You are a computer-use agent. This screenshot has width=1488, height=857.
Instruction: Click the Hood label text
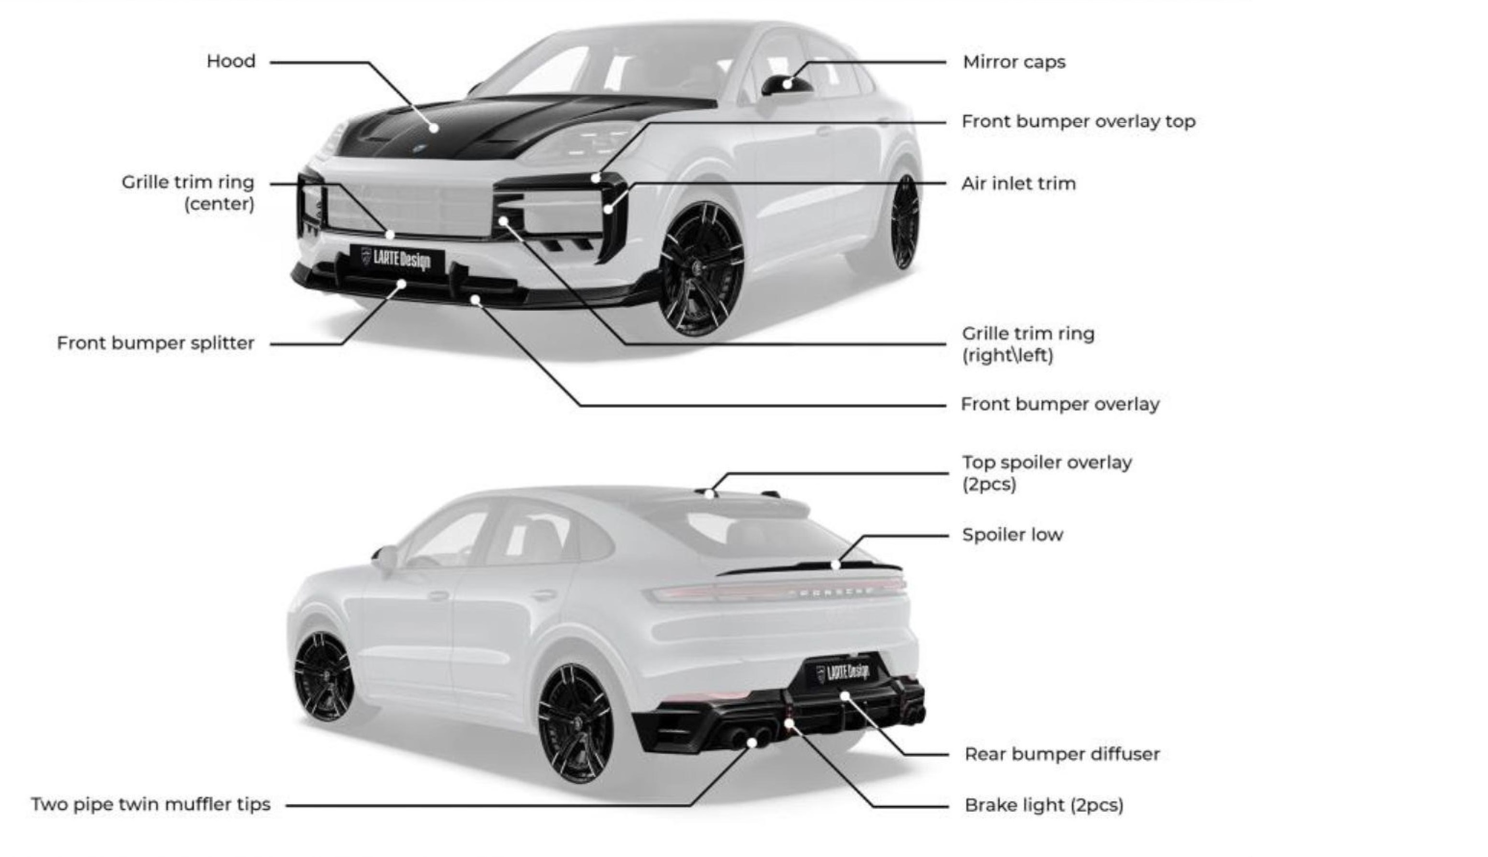coord(231,61)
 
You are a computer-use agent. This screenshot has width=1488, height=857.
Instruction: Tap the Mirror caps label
coord(1014,62)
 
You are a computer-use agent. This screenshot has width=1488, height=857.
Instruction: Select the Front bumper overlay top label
coord(1078,121)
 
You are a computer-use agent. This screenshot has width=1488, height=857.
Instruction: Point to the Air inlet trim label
coord(1018,184)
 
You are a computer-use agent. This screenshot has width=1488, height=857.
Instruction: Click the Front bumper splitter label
coord(155,343)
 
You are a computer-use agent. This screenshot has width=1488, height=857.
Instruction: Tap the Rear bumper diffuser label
coord(1062,754)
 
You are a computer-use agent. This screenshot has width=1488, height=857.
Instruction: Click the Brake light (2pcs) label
coord(1044,805)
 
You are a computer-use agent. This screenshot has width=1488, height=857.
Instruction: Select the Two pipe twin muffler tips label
coord(151,804)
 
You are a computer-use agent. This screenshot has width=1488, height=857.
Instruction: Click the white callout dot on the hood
coord(434,128)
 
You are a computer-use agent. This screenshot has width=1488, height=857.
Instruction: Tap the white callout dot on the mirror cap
coord(787,84)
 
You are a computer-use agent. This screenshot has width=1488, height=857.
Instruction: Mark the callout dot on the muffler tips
coord(752,743)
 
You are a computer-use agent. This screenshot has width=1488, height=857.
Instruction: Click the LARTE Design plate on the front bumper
coord(397,259)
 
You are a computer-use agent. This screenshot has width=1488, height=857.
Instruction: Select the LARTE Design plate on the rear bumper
coord(844,671)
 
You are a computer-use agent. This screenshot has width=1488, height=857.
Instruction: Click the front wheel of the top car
coord(702,269)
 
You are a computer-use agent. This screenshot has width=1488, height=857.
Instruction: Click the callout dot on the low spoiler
coord(835,565)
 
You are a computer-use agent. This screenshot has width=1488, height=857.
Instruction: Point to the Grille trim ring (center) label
coord(189,193)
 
